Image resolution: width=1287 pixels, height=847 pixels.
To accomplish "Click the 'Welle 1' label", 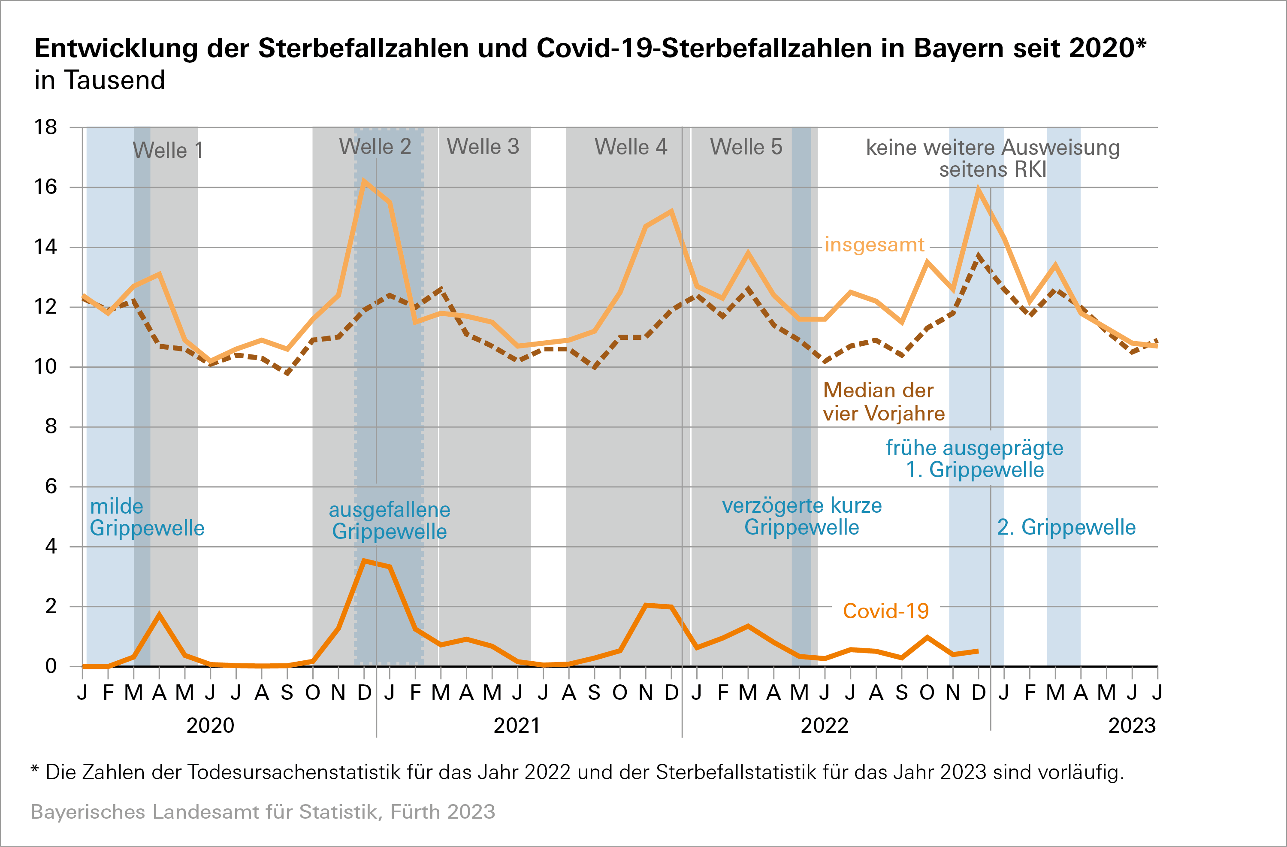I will click(x=168, y=150).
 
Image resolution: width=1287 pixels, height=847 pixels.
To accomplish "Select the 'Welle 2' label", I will click(x=375, y=147).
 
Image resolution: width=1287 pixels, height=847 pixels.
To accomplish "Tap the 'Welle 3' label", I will click(x=483, y=147).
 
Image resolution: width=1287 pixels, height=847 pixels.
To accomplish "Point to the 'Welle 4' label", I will click(x=631, y=147).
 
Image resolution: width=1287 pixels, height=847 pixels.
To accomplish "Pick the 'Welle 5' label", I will click(x=746, y=147).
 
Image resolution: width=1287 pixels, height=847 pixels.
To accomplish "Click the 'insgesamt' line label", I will click(x=874, y=245).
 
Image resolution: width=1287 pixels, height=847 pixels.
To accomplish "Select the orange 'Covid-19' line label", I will click(x=886, y=611).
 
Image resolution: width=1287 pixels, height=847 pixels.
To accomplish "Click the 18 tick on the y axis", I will click(x=45, y=127).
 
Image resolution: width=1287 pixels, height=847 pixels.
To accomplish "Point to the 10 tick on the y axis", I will click(x=45, y=367).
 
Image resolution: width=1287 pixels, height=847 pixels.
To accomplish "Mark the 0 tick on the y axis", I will click(x=51, y=666).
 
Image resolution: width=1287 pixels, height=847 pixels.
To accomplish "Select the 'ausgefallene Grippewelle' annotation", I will click(x=390, y=520).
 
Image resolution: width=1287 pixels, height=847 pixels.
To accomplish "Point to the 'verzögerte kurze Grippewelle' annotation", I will click(x=801, y=517).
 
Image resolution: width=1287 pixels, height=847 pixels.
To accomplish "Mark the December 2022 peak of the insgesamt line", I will click(x=978, y=189).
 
